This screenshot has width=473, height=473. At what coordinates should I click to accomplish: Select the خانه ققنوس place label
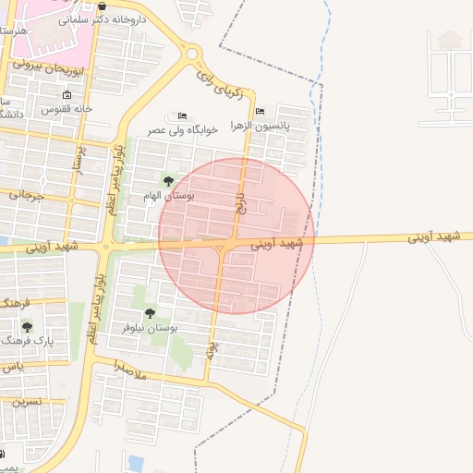pyautogui.click(x=67, y=108)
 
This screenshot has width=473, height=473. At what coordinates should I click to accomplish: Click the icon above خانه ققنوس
pyautogui.click(x=67, y=95)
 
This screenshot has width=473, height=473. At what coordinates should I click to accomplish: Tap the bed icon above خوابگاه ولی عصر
pyautogui.click(x=182, y=116)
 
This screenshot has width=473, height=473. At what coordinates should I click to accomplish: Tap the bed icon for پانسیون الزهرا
pyautogui.click(x=260, y=111)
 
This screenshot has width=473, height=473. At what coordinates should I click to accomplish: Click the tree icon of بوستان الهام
pyautogui.click(x=167, y=180)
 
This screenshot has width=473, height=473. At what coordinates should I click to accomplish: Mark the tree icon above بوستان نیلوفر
pyautogui.click(x=150, y=314)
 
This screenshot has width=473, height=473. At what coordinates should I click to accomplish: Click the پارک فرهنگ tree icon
pyautogui.click(x=27, y=326)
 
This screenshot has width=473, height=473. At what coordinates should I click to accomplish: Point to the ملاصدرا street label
pyautogui.click(x=131, y=366)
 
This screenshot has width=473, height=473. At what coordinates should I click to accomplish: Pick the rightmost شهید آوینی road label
pyautogui.click(x=435, y=237)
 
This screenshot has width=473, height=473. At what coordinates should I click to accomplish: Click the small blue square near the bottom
pyautogui.click(x=137, y=461)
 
